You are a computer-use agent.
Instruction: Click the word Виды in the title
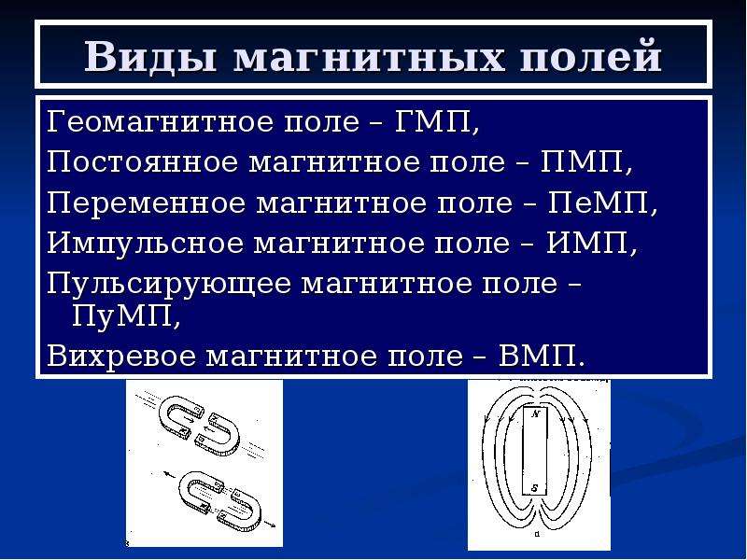click(151, 57)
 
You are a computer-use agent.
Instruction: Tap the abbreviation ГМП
click(431, 121)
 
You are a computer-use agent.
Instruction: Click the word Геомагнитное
click(161, 121)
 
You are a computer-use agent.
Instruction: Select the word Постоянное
click(142, 161)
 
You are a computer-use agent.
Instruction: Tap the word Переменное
click(146, 203)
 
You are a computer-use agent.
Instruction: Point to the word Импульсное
click(145, 244)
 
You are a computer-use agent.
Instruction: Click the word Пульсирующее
click(169, 285)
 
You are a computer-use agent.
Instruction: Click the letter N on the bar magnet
click(535, 414)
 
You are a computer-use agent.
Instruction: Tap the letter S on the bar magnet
click(535, 487)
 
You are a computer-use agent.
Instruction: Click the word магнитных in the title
click(368, 58)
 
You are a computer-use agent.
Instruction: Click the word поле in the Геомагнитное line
click(321, 122)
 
